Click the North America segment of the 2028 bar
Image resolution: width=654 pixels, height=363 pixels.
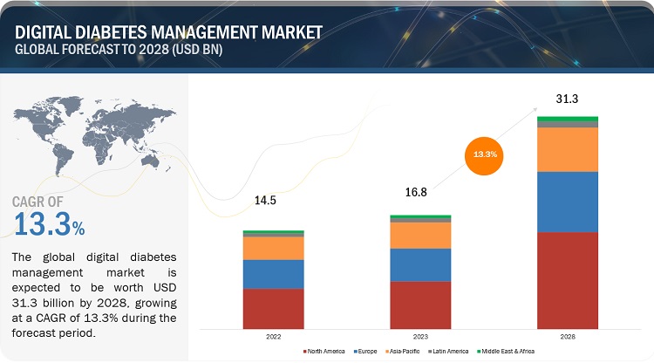(x=567, y=280)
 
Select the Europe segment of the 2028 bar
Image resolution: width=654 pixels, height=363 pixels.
(x=567, y=202)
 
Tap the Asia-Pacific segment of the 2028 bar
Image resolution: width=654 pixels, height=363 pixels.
(x=567, y=149)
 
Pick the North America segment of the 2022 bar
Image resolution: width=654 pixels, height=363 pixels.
(x=273, y=308)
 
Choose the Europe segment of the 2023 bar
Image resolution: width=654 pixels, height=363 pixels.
(x=420, y=264)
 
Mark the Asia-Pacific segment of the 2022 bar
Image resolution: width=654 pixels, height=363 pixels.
(x=273, y=248)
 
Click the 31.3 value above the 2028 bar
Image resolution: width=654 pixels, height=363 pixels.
(x=567, y=99)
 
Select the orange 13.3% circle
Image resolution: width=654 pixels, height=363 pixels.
(x=486, y=154)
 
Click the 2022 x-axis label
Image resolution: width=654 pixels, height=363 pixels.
(x=273, y=336)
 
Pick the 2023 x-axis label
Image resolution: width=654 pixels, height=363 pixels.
(x=420, y=336)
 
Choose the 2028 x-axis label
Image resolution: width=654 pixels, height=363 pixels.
(x=567, y=336)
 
